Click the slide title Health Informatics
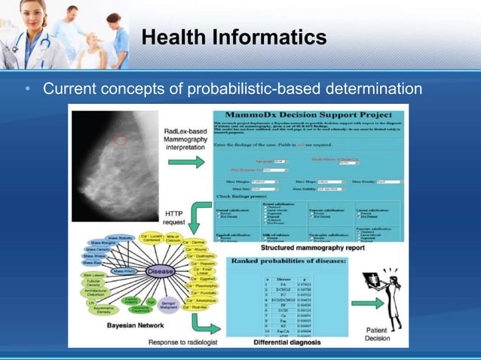click(x=234, y=37)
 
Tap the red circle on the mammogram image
click(x=120, y=140)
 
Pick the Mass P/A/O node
click(x=123, y=270)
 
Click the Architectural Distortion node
click(x=96, y=292)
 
